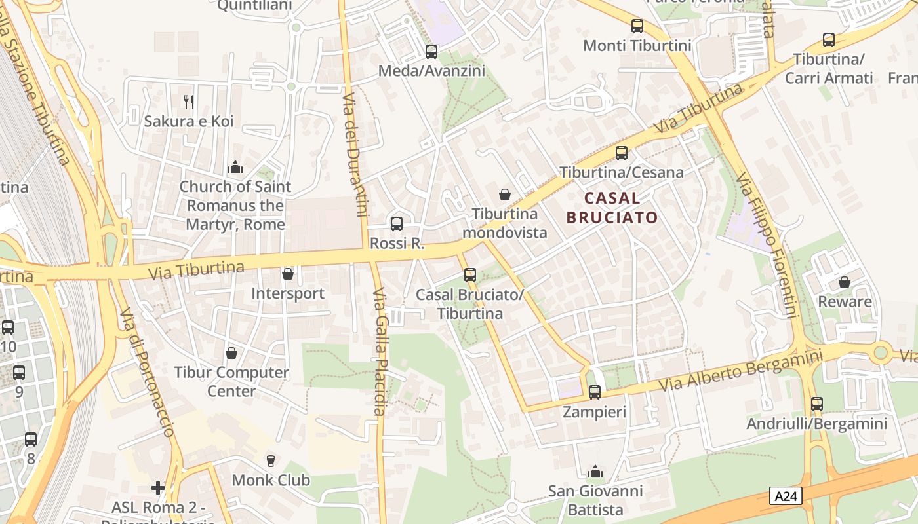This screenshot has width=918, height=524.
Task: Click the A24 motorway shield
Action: [x=786, y=496]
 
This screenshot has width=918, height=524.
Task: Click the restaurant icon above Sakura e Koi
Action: [x=189, y=102]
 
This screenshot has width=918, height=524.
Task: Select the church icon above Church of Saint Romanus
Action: [x=235, y=168]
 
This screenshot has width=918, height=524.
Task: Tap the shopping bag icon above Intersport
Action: [x=287, y=274]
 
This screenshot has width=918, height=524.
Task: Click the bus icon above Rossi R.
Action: [x=397, y=224]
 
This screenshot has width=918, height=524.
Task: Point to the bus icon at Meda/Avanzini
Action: [x=431, y=52]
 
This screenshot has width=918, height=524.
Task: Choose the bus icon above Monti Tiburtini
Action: [x=637, y=27]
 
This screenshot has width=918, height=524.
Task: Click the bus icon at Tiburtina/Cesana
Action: [x=621, y=153]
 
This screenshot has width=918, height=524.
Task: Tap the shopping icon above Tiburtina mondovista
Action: [x=505, y=195]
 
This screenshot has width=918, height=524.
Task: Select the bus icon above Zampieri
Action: [x=594, y=392]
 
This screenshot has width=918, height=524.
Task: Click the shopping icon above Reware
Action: [x=845, y=282]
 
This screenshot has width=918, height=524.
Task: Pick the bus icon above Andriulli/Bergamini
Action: [x=816, y=404]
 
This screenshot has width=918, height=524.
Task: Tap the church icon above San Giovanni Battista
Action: [x=595, y=472]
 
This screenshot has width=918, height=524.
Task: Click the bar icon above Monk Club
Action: [x=270, y=460]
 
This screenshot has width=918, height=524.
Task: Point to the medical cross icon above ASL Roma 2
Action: [x=157, y=488]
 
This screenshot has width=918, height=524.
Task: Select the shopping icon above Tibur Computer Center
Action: [x=231, y=353]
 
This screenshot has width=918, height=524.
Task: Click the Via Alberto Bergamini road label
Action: [x=741, y=371]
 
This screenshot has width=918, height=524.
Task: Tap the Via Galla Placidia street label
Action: [x=379, y=352]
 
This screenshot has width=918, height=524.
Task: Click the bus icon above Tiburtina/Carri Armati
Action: [x=829, y=40]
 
